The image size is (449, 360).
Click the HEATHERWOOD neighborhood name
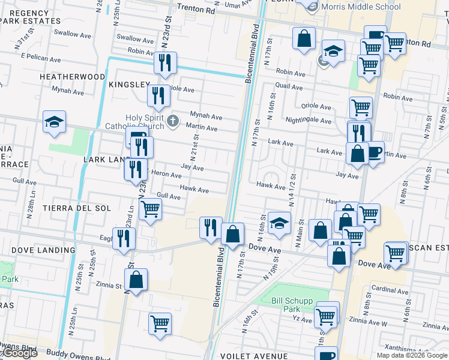[x=72, y=77]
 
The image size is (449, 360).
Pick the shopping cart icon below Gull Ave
[x=150, y=209]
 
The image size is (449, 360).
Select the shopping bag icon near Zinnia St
[x=136, y=280]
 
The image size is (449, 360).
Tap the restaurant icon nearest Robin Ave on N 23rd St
[x=164, y=62]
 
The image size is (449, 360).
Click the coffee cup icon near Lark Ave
[x=375, y=153]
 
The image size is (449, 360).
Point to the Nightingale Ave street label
[x=308, y=121]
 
